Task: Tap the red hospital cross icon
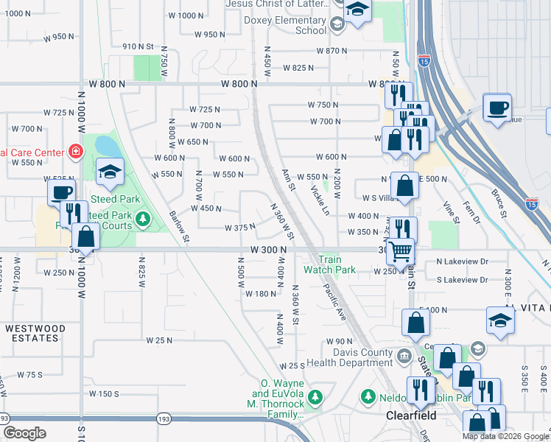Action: (74, 152)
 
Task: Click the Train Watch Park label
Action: (337, 264)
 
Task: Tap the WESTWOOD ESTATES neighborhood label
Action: (35, 333)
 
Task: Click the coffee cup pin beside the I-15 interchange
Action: (497, 108)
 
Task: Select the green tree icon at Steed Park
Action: (141, 219)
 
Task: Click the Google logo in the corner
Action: (24, 433)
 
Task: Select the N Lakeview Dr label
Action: (462, 262)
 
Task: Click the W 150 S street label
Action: (104, 394)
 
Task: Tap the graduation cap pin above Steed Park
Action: (110, 172)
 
